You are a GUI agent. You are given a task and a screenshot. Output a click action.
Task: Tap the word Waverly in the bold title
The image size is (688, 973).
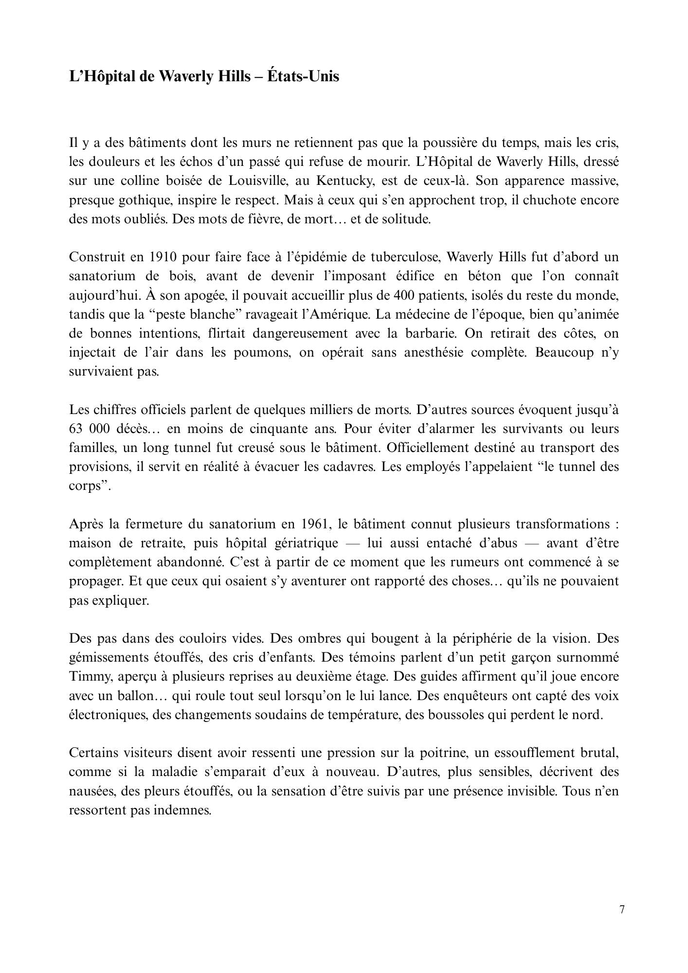(x=183, y=76)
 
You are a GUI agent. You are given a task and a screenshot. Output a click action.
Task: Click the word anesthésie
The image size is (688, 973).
(x=435, y=352)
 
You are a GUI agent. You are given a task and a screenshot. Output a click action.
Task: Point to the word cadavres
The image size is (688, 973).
(x=350, y=467)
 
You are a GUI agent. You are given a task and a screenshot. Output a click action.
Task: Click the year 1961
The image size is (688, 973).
(x=318, y=524)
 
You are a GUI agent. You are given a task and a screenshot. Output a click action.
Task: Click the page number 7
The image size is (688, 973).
(x=622, y=910)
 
